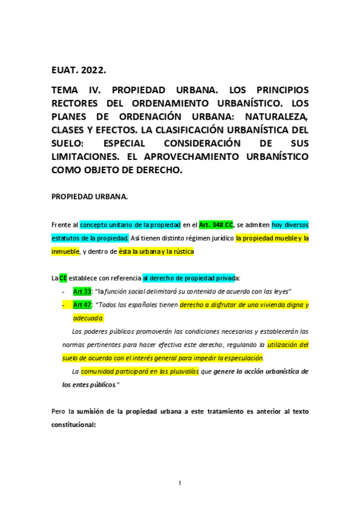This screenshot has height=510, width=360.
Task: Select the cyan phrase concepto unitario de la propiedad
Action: (x=130, y=225)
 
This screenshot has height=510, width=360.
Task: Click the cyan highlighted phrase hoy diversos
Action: (x=290, y=225)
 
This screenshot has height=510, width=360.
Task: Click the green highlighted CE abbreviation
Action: (x=63, y=278)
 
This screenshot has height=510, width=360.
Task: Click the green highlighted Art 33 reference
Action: (x=81, y=292)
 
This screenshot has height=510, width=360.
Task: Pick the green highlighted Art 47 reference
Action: (x=82, y=305)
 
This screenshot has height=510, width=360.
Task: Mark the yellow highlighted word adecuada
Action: (x=93, y=318)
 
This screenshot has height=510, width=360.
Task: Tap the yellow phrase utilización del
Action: (x=288, y=345)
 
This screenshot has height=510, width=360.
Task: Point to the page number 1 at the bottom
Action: (x=180, y=484)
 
